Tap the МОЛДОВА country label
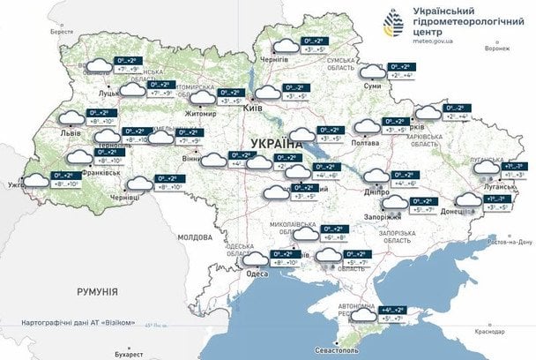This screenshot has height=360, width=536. (x=195, y=237)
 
